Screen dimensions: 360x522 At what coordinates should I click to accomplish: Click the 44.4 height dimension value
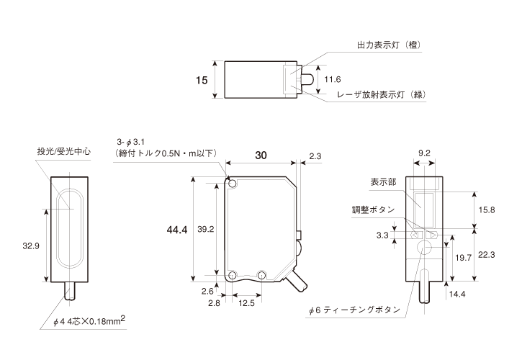(x=176, y=230)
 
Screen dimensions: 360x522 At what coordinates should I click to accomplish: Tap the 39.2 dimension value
(x=206, y=230)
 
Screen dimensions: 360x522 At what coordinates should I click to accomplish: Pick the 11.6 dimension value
(x=333, y=79)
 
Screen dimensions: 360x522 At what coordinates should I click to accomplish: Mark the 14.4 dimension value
(x=458, y=294)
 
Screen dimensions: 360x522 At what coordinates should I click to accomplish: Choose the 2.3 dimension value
(x=315, y=156)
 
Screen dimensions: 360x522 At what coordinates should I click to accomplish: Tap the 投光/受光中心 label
(x=63, y=152)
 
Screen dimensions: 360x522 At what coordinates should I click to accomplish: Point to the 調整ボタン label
(x=372, y=210)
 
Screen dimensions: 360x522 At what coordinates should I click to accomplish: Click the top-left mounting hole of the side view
(x=233, y=183)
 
